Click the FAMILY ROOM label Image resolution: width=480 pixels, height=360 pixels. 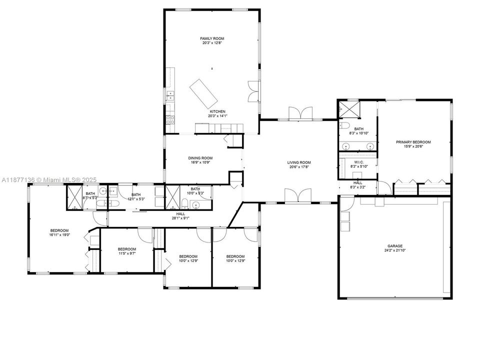coord(212,38)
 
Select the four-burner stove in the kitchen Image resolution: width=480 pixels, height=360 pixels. coord(170,119)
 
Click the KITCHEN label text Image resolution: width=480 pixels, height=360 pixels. coord(217,111)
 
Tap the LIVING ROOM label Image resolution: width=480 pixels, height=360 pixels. coord(299,162)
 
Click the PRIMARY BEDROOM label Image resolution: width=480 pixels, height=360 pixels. coord(413,142)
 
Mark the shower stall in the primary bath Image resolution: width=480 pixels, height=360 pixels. coord(345,108)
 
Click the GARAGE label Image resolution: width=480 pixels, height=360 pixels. coord(394,246)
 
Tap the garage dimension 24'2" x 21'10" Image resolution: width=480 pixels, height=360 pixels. coord(394,251)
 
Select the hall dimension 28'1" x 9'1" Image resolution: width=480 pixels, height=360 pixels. coord(180,217)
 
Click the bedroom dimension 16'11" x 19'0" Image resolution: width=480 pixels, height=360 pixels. coord(59,235)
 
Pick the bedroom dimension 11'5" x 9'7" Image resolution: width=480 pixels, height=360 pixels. coord(126,253)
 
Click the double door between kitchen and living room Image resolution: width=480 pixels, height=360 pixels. coord(298,113)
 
